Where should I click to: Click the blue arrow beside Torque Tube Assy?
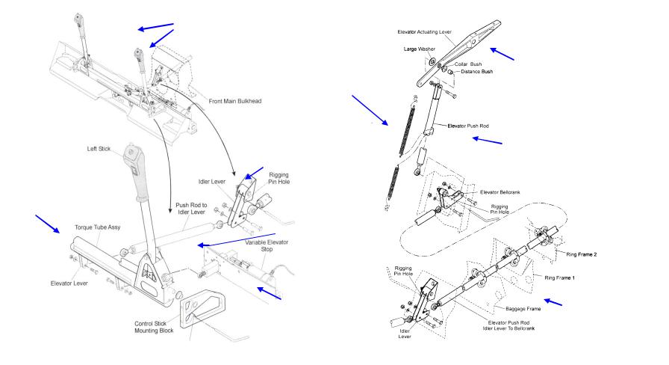point(47,224)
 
